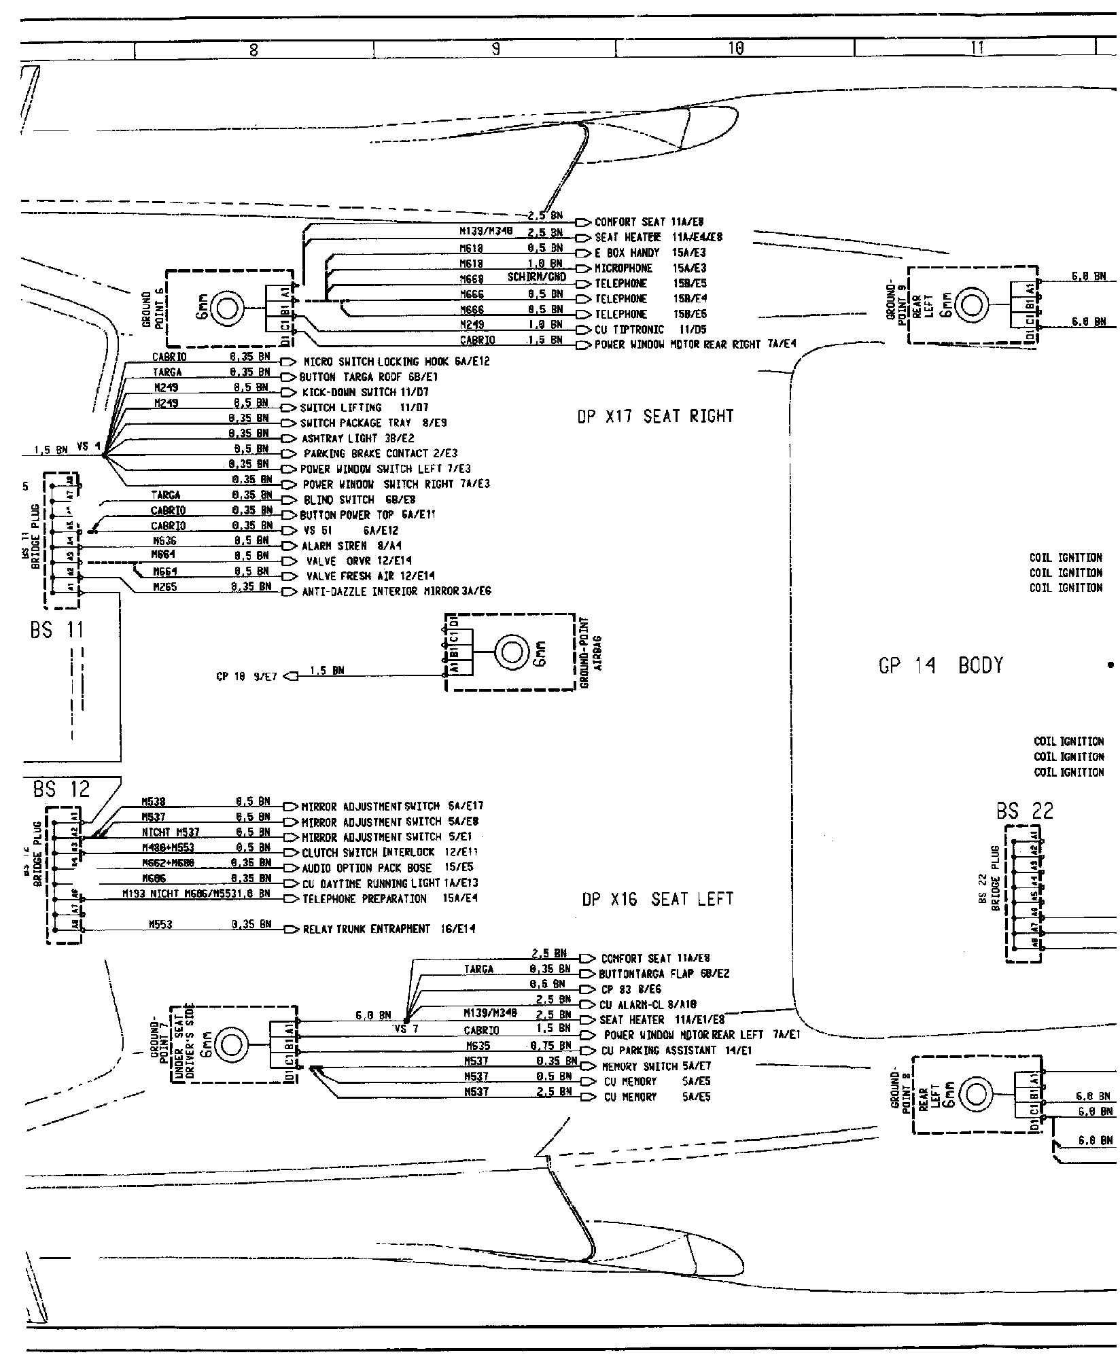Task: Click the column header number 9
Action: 495,48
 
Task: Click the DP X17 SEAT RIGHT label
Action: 655,416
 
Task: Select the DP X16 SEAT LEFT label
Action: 658,899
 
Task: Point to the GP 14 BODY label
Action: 941,666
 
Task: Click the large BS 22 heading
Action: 1025,811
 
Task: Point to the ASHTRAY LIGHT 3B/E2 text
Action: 357,438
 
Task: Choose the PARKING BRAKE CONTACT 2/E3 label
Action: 380,453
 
